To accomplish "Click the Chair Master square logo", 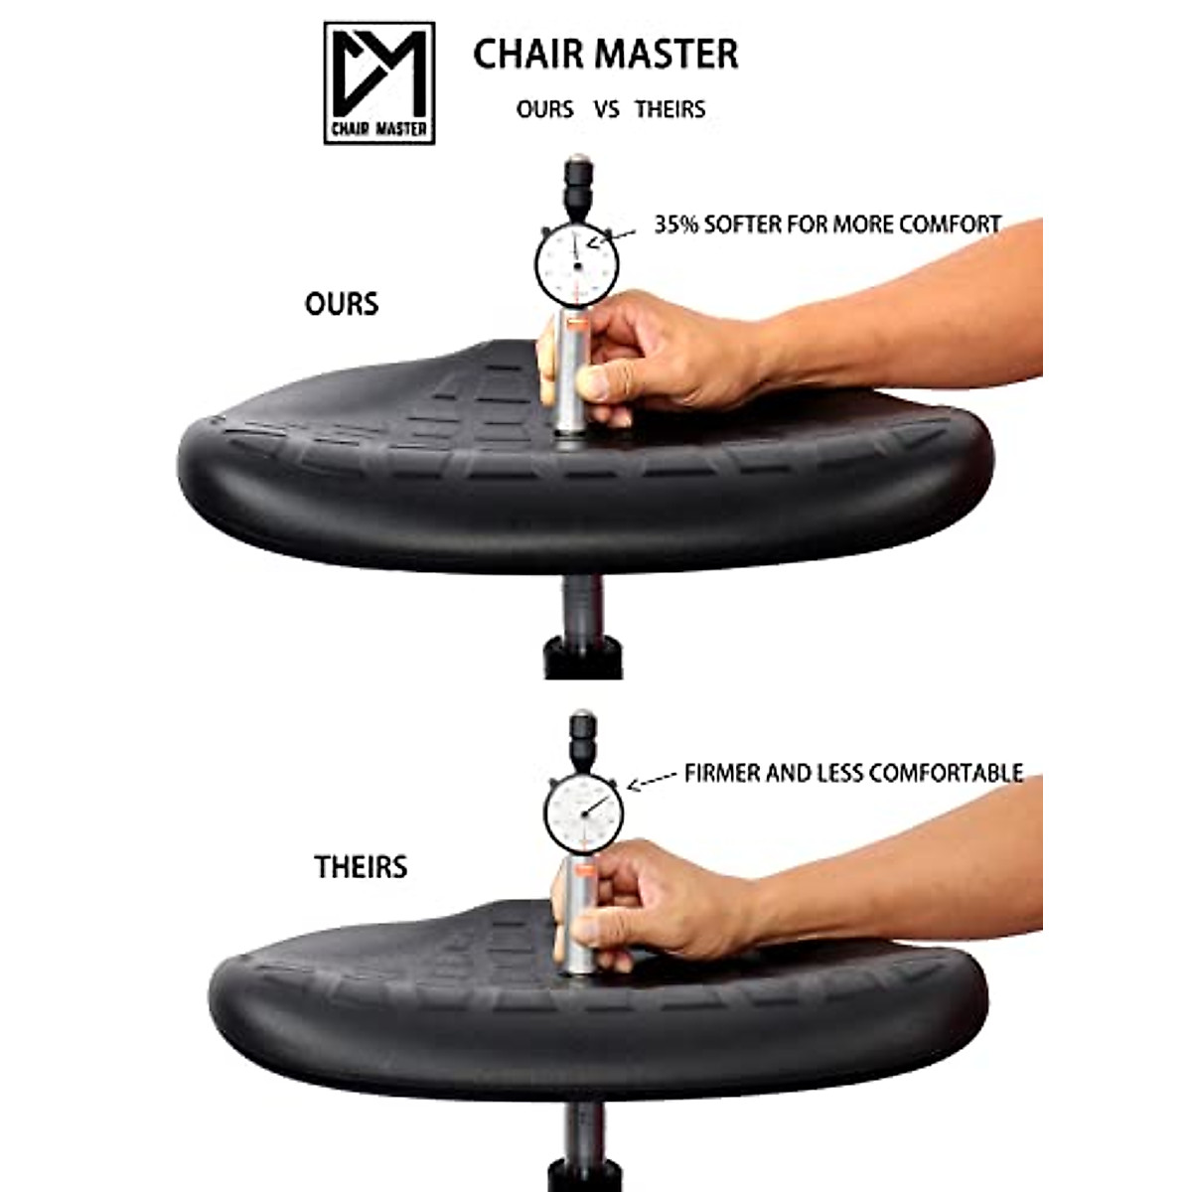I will click(x=379, y=83).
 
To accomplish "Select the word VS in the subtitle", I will click(x=607, y=109).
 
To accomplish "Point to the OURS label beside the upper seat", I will click(x=342, y=303).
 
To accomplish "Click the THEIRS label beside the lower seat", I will click(x=361, y=866).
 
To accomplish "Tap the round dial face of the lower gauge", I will click(x=584, y=810).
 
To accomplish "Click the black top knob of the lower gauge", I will click(x=582, y=735).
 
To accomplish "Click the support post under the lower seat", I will click(x=584, y=1142).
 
